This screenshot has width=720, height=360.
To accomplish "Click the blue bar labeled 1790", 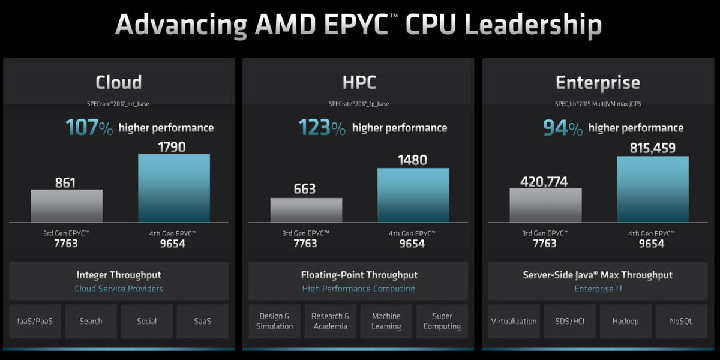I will click(x=174, y=188).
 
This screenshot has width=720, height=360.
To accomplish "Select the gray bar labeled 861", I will click(x=67, y=206).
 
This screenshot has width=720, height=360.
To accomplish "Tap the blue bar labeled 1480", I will click(x=413, y=195).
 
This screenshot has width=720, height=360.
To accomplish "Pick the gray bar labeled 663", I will click(x=306, y=210).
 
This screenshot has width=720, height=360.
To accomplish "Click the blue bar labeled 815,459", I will click(x=653, y=189).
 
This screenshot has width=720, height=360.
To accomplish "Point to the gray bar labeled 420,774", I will click(x=545, y=205).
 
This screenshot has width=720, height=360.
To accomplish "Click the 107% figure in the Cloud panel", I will click(x=89, y=127).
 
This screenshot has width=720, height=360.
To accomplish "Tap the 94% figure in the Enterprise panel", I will click(x=563, y=127).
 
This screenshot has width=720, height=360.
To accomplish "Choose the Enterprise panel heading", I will click(x=598, y=82).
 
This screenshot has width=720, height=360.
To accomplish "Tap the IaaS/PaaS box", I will click(x=35, y=321).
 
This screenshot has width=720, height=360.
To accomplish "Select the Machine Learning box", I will click(x=386, y=321).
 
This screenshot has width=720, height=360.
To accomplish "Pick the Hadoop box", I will click(x=625, y=321).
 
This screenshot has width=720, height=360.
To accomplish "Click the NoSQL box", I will click(x=681, y=321).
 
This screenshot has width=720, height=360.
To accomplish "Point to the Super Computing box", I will click(x=442, y=321).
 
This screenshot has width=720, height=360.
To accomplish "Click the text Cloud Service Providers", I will click(x=119, y=289).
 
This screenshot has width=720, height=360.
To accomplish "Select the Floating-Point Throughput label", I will click(x=359, y=275).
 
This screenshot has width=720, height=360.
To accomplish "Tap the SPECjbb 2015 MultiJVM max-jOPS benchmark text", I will click(x=598, y=104).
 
